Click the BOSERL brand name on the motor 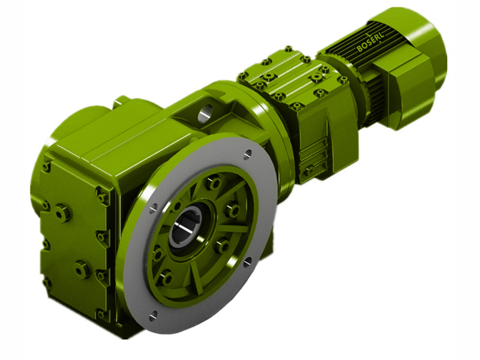coord(373,41)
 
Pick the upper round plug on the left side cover coord(62,212)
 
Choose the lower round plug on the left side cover coord(82,269)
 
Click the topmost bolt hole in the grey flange coord(247,155)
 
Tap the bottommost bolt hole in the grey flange coord(153,314)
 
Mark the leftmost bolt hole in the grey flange coord(153,207)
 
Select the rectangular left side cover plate coord(72,240)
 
